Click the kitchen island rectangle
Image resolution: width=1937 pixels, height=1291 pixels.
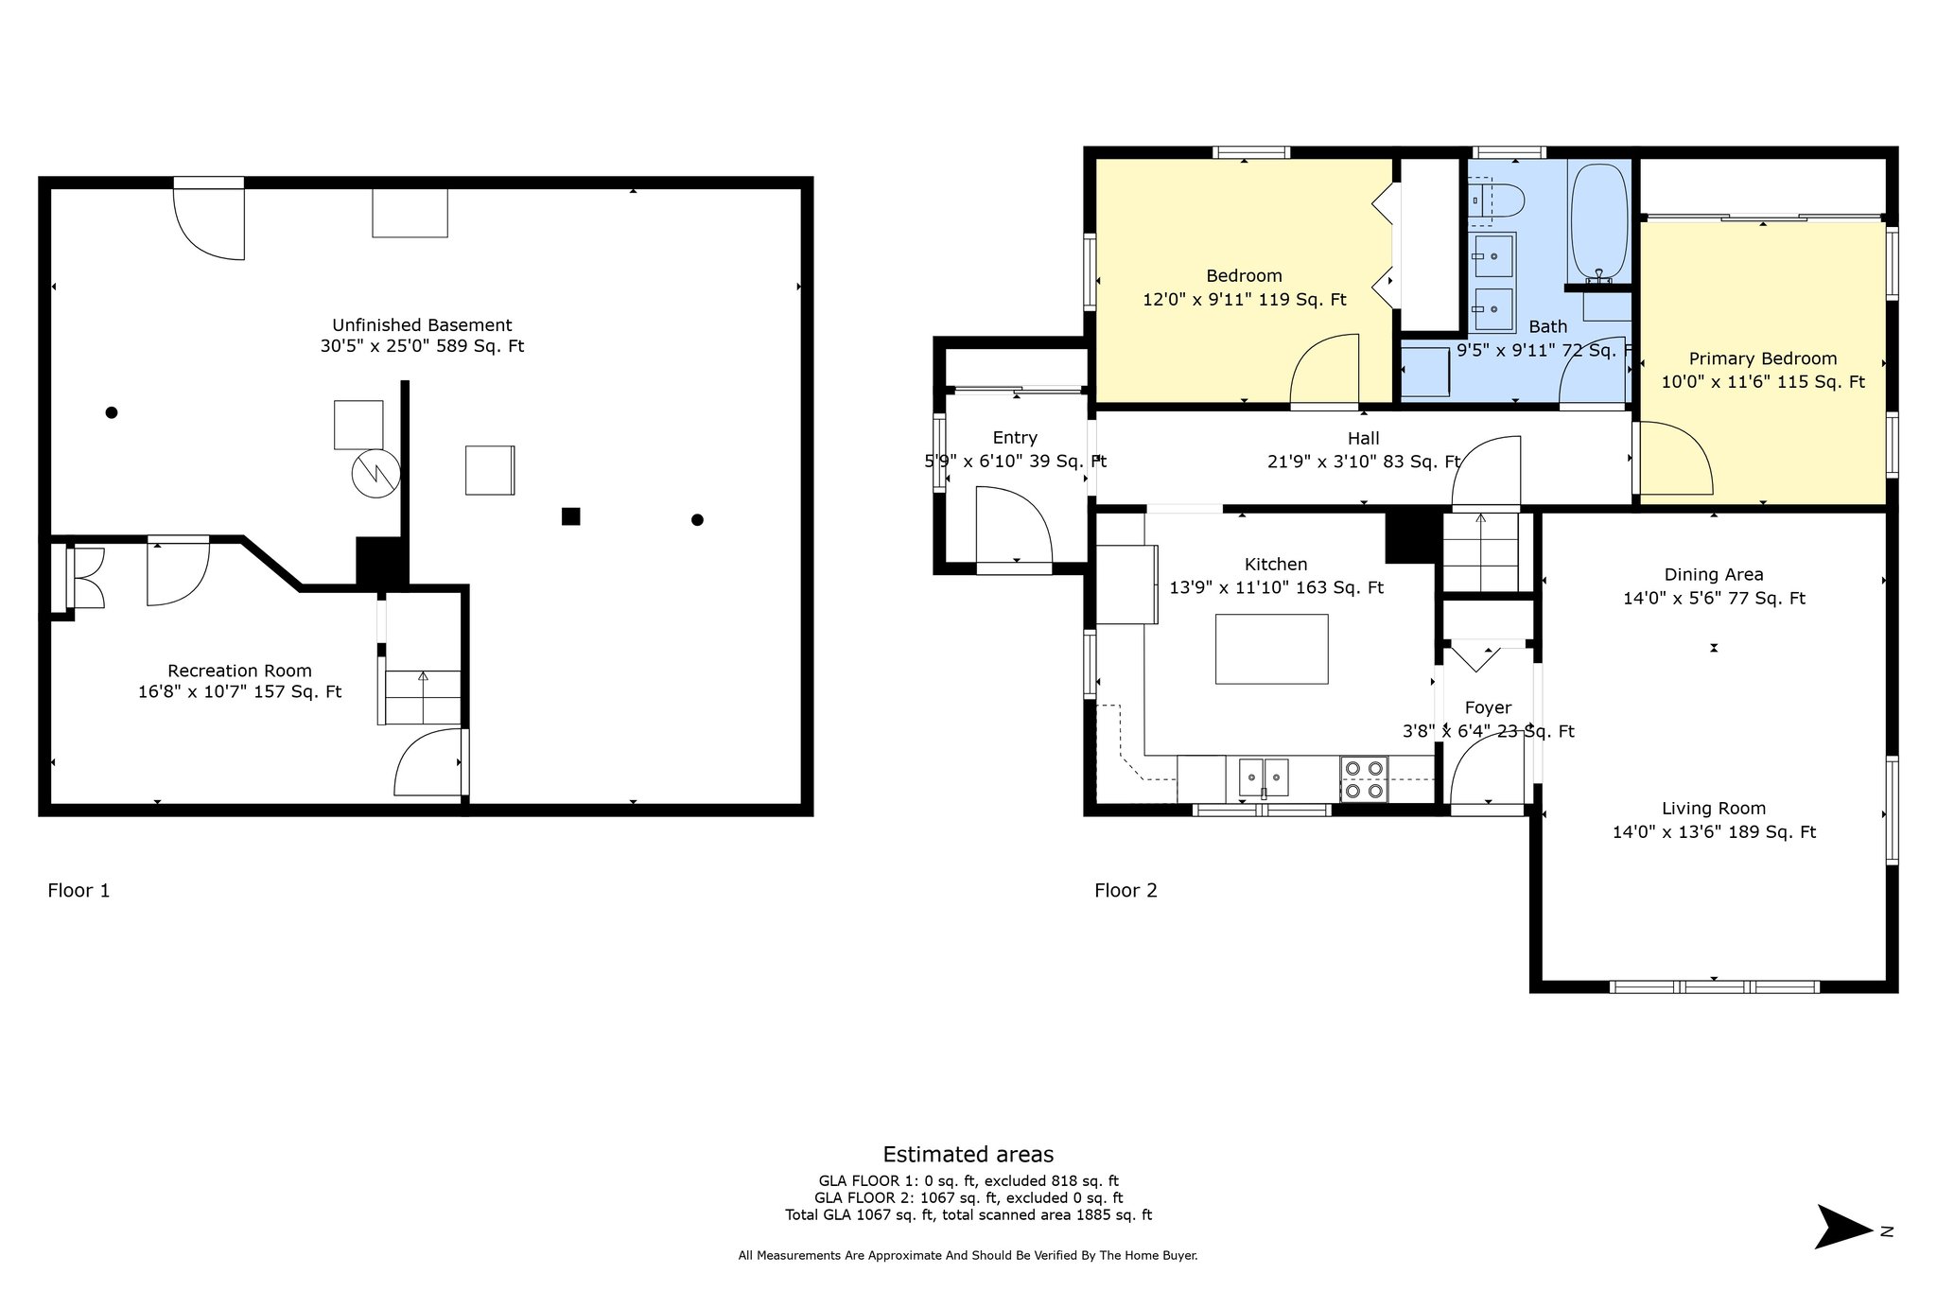tap(1271, 649)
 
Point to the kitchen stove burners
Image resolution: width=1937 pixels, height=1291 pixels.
tap(1364, 779)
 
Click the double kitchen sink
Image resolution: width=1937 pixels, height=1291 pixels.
tap(1264, 777)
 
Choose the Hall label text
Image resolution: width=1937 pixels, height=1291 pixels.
tap(1363, 438)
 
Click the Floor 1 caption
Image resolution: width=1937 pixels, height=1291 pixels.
tap(79, 890)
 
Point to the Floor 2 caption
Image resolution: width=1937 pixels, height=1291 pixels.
tap(1126, 890)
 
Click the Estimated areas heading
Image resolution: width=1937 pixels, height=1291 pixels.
tap(968, 1154)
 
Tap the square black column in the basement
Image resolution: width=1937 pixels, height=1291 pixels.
tap(570, 516)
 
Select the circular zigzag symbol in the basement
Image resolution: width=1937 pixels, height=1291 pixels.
tap(375, 473)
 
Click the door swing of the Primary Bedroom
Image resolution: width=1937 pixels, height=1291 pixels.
tap(1676, 458)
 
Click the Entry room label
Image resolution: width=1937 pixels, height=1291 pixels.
tap(1015, 438)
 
